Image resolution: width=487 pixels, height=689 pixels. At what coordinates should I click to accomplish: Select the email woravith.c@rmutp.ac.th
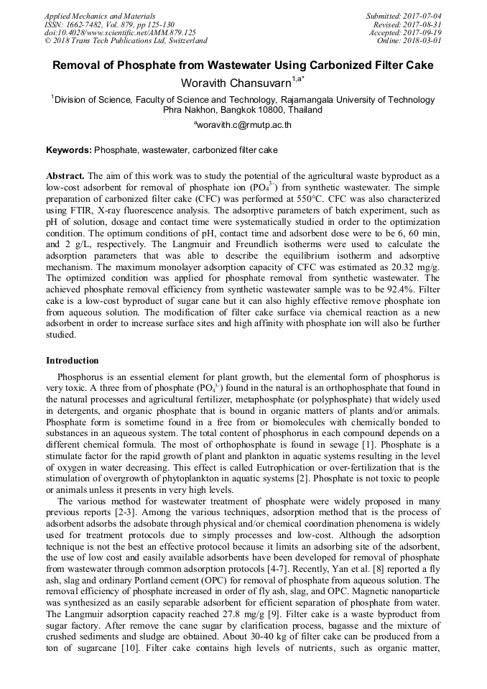point(244,124)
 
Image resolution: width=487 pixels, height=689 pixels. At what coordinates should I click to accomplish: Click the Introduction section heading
point(73,360)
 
